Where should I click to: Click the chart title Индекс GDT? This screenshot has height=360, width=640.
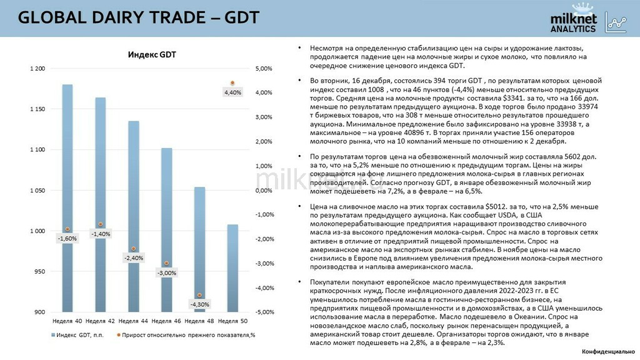[152, 55]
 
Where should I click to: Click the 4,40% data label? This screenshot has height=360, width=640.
[232, 92]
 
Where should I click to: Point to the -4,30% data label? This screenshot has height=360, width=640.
[199, 304]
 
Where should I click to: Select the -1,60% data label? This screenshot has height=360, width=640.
[67, 238]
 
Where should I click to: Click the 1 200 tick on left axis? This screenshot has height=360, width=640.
[37, 69]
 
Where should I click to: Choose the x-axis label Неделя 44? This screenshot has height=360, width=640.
[132, 321]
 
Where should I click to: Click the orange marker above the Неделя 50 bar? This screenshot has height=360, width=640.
[232, 83]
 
